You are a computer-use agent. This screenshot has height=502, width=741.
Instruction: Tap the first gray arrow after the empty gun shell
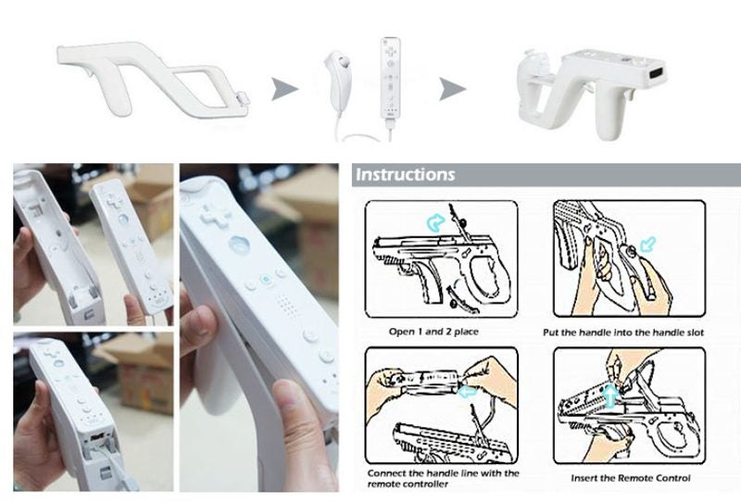point(285,90)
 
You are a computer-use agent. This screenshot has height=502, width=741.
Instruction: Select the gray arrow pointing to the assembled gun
point(451,90)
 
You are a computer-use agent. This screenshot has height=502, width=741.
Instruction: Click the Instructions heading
point(406,174)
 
